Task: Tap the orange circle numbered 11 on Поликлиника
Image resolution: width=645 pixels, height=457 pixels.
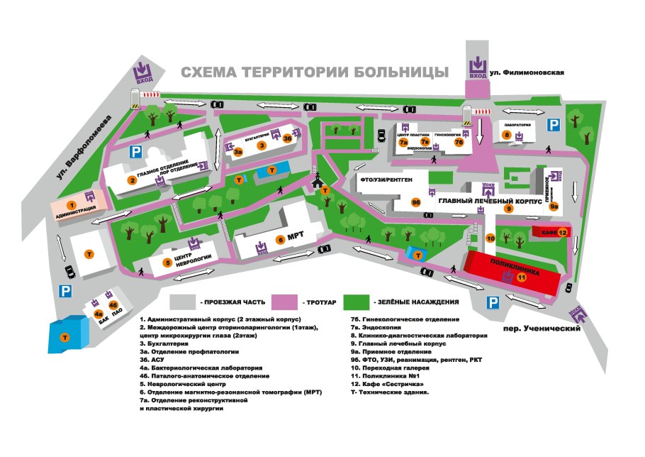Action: tap(521, 277)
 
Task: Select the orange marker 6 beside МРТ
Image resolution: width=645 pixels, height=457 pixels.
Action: tap(280, 239)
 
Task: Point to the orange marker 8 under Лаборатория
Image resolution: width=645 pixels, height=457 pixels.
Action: tap(507, 134)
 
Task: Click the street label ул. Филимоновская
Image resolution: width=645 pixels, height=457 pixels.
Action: tap(529, 72)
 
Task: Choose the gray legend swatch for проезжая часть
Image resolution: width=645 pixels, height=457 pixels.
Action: tap(184, 302)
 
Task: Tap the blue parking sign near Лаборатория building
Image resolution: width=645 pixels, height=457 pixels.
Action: tap(555, 124)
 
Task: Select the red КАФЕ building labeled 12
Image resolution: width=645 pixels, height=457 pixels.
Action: tap(550, 232)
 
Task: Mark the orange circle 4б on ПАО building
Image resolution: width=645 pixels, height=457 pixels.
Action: tap(112, 304)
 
